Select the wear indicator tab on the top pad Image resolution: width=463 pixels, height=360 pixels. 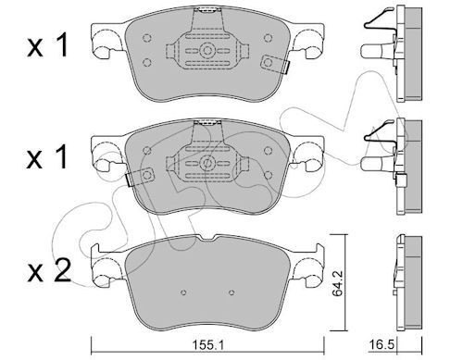(x=275, y=64)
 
